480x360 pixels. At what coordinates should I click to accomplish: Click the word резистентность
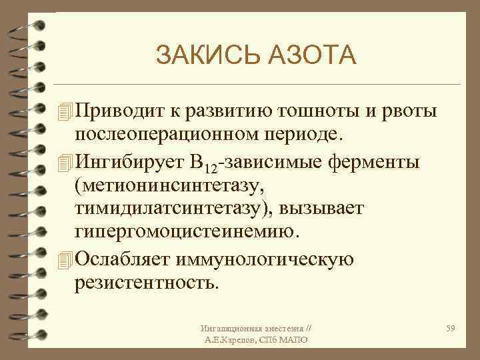tap(147, 282)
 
